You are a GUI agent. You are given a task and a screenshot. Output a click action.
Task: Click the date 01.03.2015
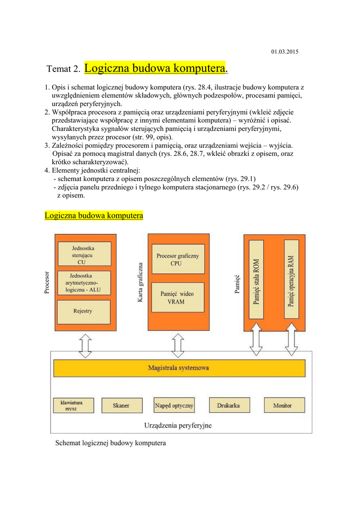[x=285, y=52]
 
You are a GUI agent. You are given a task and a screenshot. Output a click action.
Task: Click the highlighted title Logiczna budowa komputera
[x=155, y=67]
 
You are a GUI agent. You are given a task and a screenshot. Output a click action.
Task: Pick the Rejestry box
[x=82, y=311]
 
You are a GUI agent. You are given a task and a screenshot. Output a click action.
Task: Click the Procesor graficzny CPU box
[x=177, y=258]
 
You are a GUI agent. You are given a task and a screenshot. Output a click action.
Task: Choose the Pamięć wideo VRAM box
[x=177, y=298]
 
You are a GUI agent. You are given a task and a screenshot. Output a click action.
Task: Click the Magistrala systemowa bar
[x=179, y=368]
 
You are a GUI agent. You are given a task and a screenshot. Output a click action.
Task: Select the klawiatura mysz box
[x=73, y=405]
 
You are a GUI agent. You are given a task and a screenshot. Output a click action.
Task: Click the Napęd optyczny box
[x=174, y=405]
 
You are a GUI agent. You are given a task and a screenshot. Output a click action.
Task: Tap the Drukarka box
[x=228, y=405]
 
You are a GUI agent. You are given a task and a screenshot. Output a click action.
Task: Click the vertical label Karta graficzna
[x=140, y=282]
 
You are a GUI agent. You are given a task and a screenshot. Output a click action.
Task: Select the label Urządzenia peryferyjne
[x=178, y=426]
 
